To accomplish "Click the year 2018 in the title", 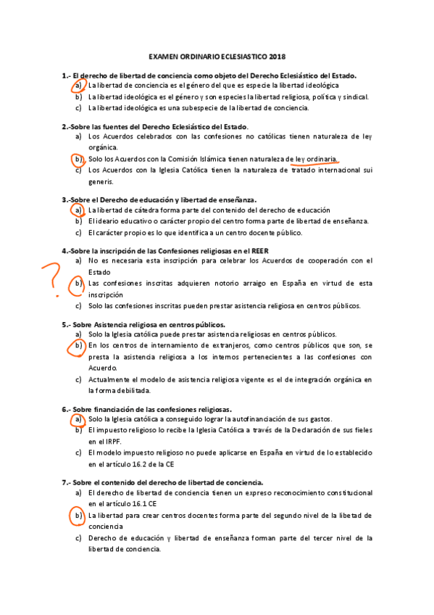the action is coord(277,55).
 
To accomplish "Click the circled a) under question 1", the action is coord(78,86).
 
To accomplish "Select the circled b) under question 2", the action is coord(78,159).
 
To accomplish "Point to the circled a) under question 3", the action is coord(78,210).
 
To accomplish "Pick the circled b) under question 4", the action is coord(78,284).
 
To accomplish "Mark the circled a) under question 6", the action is coord(78,419).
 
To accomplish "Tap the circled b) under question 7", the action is coord(78,516).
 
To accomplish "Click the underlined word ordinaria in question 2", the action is coord(322,159).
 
